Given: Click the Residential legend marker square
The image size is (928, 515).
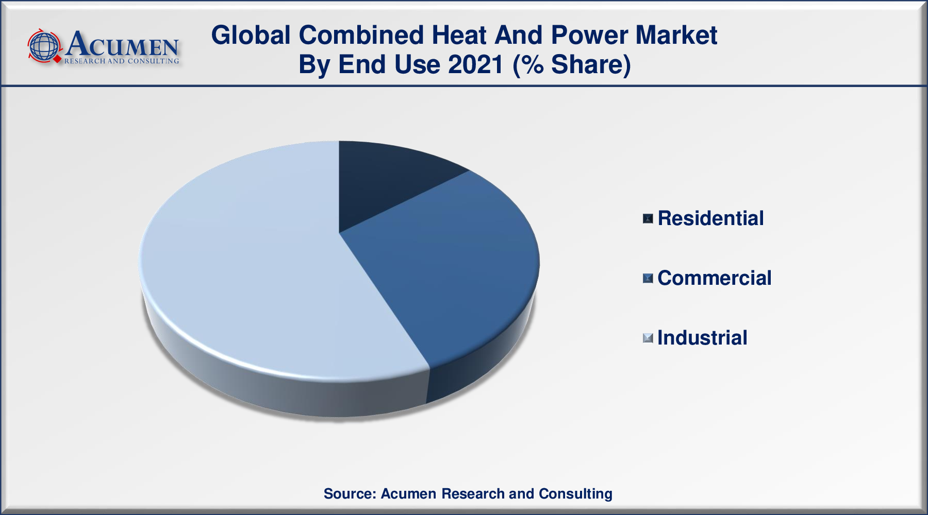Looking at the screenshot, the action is click(x=648, y=219).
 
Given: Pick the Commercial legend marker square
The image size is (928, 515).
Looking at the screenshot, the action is click(x=648, y=279).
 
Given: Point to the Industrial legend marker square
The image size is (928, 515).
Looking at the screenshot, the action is click(x=648, y=338).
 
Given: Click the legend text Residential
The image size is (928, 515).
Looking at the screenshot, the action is click(x=710, y=218).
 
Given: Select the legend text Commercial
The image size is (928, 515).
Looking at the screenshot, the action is click(x=715, y=278).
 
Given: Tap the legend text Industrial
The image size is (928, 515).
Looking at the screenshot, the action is click(x=702, y=338).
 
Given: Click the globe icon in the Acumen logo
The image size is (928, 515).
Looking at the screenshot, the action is click(x=45, y=46).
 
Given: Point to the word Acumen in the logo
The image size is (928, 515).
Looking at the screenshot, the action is click(x=122, y=44).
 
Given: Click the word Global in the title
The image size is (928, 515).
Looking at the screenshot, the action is click(x=251, y=36).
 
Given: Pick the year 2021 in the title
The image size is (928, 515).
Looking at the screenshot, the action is click(x=476, y=65).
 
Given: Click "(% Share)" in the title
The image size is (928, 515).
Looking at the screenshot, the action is click(x=572, y=65).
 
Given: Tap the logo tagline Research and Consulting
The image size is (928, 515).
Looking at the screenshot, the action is click(x=122, y=61).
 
